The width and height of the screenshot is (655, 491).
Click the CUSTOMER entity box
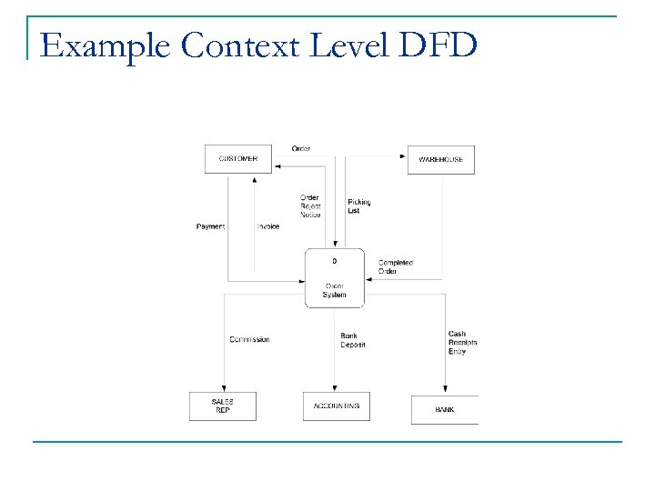tap(238, 159)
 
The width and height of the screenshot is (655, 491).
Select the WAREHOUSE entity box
tap(440, 159)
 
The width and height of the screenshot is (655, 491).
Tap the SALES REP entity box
tap(222, 406)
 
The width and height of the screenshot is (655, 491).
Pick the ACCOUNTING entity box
tap(336, 406)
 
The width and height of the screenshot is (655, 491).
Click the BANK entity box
tap(444, 409)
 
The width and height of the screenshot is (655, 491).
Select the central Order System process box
tap(334, 277)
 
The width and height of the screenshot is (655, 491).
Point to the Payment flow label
tap(210, 226)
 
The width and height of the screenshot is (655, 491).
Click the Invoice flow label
tap(267, 226)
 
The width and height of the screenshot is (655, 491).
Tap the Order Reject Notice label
tap(310, 206)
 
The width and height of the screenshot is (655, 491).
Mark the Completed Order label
tap(395, 266)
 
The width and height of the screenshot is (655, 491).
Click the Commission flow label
tap(249, 340)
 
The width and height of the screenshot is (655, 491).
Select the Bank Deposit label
tap(352, 340)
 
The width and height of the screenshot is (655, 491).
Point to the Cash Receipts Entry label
tap(462, 342)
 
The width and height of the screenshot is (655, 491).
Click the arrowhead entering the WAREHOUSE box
tap(403, 156)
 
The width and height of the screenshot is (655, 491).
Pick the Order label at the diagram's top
tap(301, 149)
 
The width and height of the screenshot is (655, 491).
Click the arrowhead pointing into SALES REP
tap(222, 388)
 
